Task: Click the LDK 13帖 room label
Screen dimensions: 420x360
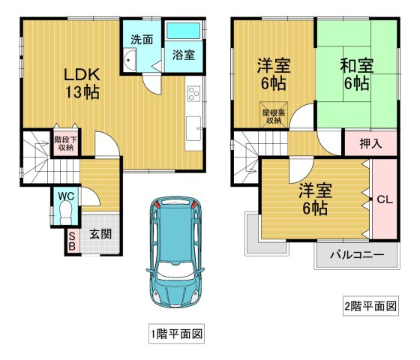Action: coord(82,83)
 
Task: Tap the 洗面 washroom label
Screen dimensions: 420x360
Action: coord(142,40)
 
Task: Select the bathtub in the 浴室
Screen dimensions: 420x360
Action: coord(184,31)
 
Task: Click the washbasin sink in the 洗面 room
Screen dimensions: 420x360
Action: coord(130,60)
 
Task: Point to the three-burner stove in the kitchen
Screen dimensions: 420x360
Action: coord(194,94)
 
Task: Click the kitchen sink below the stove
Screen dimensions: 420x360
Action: coord(193,128)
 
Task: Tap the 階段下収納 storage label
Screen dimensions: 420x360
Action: coord(66,143)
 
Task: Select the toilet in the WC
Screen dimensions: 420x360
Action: coord(66,212)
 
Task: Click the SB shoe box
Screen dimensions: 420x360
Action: coord(73,241)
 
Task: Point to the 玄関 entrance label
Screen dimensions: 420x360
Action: coord(100,234)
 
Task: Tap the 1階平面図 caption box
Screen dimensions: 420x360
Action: coord(177,334)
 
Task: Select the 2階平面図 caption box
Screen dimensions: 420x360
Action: coord(370,306)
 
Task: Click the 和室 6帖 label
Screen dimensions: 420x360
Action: coord(357,74)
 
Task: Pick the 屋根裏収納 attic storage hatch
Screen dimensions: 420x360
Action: coord(274,115)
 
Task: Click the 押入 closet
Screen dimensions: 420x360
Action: coord(370,143)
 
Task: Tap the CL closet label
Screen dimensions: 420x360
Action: coord(385,199)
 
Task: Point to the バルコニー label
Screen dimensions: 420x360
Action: coord(357,254)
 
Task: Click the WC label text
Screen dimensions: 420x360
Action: coord(66,196)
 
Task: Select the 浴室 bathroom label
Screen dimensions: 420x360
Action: coord(184,55)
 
